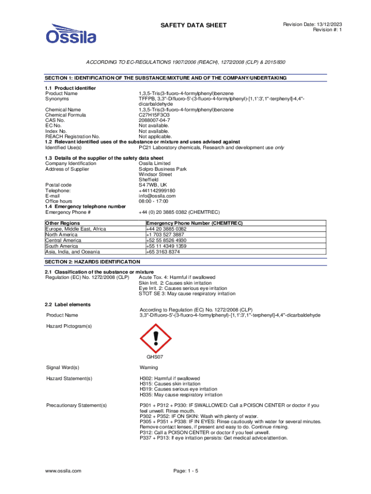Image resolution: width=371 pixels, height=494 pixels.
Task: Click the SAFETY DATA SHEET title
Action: tap(193, 25)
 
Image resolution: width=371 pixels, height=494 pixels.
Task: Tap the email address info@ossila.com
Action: tap(157, 196)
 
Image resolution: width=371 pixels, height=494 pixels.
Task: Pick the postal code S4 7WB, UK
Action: tap(153, 185)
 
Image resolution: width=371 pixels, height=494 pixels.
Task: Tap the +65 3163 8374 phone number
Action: tap(163, 252)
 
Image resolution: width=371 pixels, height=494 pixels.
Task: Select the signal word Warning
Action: tap(149, 368)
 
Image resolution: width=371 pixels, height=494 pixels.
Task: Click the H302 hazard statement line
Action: tap(170, 378)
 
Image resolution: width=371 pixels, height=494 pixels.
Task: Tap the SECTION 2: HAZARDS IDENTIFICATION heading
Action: tap(93, 261)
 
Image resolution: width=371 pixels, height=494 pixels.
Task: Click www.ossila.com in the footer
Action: tap(63, 470)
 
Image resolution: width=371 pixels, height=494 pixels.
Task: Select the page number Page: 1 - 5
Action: tap(185, 470)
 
